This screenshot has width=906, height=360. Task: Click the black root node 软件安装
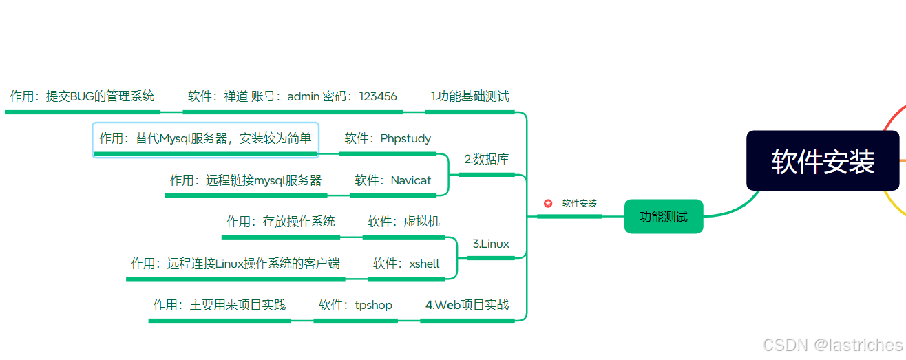click(823, 160)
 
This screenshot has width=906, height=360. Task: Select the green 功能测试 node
click(663, 217)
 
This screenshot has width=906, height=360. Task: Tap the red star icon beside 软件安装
click(548, 203)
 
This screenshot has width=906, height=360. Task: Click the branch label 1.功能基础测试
click(470, 96)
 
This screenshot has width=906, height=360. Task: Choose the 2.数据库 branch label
click(487, 160)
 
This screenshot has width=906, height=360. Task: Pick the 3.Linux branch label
click(491, 244)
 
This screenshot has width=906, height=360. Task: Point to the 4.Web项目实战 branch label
click(467, 304)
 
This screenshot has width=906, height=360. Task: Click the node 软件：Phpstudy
click(388, 138)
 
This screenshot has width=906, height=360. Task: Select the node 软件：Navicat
click(392, 180)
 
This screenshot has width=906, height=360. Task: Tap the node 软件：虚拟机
click(403, 222)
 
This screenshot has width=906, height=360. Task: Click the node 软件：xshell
click(406, 264)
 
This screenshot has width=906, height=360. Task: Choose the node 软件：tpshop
click(355, 304)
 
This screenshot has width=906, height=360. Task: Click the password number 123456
click(378, 96)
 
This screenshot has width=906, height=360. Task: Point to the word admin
click(303, 96)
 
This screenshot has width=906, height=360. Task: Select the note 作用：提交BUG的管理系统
click(82, 96)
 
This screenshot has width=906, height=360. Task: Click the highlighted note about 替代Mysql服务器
click(205, 138)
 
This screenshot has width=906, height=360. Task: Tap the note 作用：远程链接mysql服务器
click(246, 180)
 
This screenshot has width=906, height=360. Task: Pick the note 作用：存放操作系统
click(281, 222)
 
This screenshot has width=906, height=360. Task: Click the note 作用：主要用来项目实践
click(220, 304)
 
